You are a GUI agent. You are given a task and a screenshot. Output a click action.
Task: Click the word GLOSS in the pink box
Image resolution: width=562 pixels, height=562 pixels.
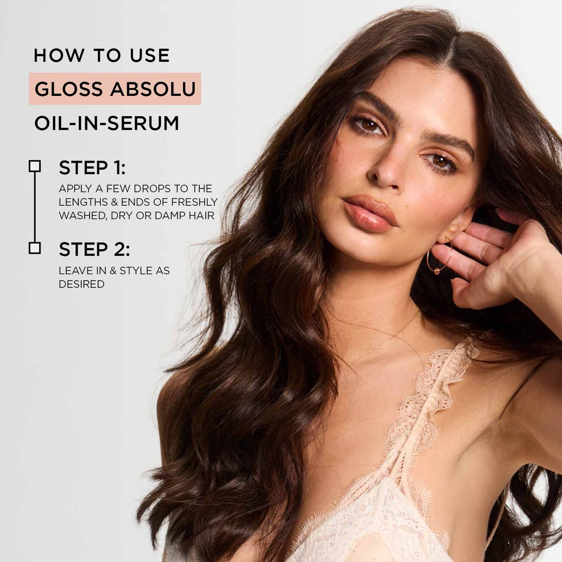pyautogui.click(x=68, y=89)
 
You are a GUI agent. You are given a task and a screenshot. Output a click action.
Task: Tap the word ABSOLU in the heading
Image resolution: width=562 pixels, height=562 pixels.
pyautogui.click(x=153, y=89)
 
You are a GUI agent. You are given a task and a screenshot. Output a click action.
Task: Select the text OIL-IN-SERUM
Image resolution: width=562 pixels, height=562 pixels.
pyautogui.click(x=106, y=123)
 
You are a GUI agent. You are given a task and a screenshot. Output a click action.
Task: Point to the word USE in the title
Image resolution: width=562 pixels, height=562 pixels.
pyautogui.click(x=150, y=56)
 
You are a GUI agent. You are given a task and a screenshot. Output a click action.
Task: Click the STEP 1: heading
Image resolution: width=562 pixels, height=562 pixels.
pyautogui.click(x=92, y=168)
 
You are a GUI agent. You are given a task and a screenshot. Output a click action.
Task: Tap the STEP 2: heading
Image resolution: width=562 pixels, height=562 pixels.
pyautogui.click(x=95, y=250)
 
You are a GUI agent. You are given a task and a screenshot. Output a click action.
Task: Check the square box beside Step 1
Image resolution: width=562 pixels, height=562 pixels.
pyautogui.click(x=35, y=166)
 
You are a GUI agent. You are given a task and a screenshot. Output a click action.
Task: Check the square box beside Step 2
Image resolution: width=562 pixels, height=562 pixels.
pyautogui.click(x=35, y=248)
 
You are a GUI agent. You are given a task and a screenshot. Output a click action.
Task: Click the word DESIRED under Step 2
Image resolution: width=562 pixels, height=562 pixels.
pyautogui.click(x=82, y=284)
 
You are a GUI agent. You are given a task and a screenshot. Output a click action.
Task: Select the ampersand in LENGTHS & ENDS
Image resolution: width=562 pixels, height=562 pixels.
pyautogui.click(x=114, y=202)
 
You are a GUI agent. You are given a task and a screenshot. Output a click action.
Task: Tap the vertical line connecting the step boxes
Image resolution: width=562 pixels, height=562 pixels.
pyautogui.click(x=35, y=207)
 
